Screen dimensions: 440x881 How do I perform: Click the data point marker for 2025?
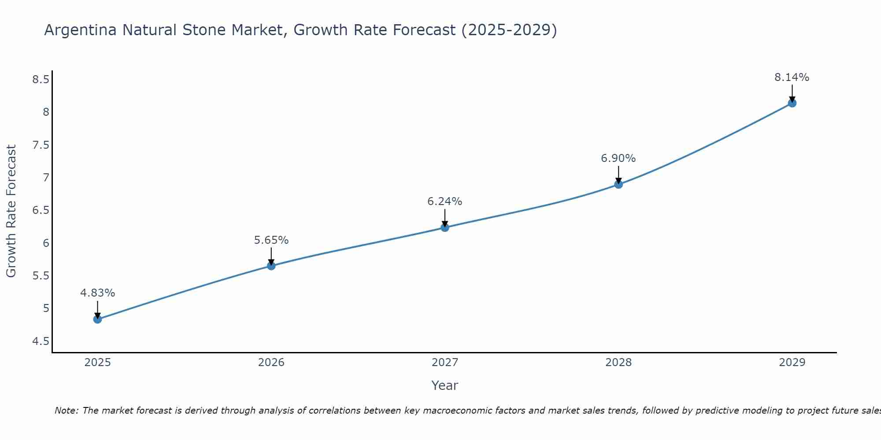(x=98, y=319)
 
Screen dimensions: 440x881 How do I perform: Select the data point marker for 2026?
(x=271, y=266)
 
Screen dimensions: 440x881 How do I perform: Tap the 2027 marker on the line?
(x=445, y=227)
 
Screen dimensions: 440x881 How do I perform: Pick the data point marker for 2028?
(x=618, y=184)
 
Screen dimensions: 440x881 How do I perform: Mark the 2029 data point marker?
(x=792, y=103)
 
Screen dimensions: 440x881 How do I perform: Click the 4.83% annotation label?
(x=98, y=293)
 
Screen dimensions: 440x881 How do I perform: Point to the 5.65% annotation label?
(x=271, y=240)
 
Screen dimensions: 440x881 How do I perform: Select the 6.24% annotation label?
(x=445, y=202)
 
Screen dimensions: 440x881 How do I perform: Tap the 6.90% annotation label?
(x=618, y=158)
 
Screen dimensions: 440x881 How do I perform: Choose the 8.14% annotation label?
(x=792, y=77)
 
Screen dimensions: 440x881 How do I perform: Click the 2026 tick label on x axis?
(x=271, y=363)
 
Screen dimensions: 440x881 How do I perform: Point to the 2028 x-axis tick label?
(x=618, y=363)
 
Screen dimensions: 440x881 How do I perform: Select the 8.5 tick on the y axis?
(x=41, y=80)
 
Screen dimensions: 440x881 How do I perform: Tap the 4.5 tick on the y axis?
(x=41, y=341)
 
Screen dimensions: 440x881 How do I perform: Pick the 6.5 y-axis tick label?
(x=41, y=210)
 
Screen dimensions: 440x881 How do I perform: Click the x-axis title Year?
(x=445, y=385)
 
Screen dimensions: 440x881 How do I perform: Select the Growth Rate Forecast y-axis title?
(x=11, y=211)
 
